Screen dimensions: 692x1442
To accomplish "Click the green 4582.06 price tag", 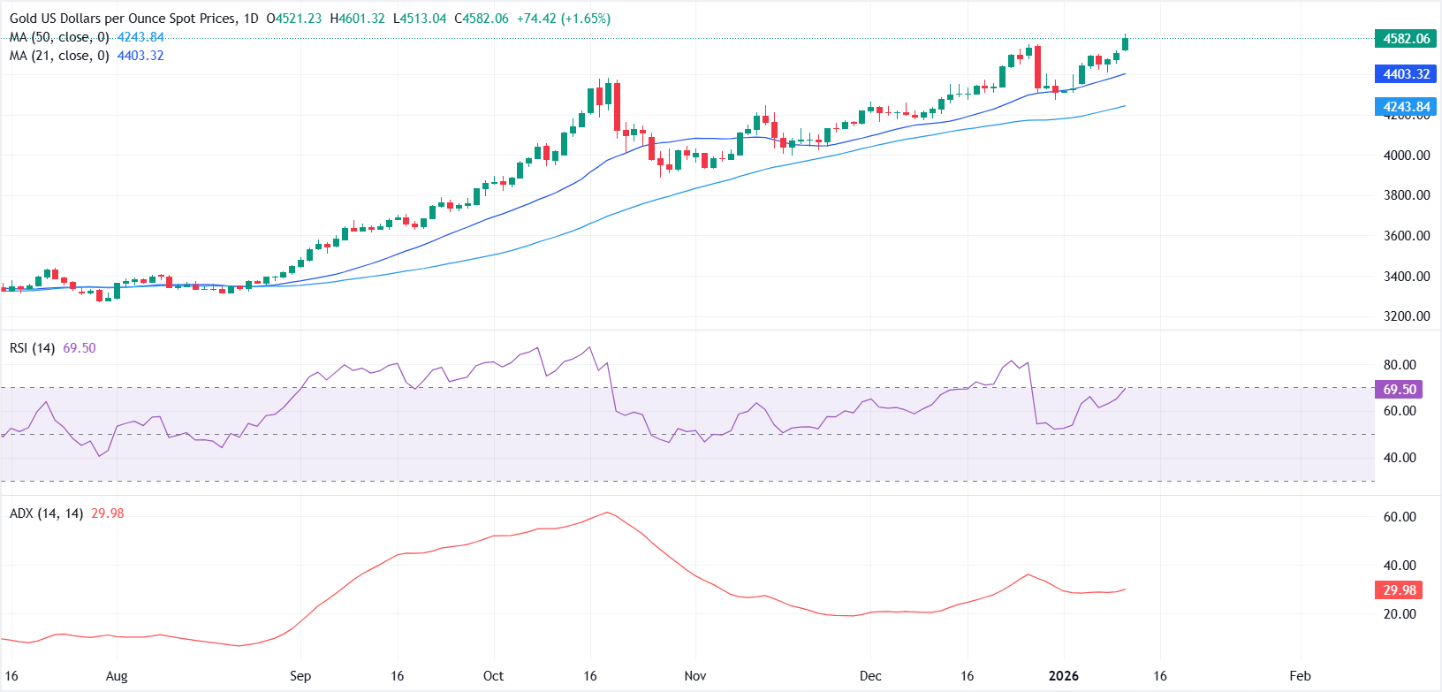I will pyautogui.click(x=1406, y=39).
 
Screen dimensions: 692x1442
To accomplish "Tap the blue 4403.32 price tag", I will pyautogui.click(x=1406, y=74).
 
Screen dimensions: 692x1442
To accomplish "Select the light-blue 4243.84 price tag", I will pyautogui.click(x=1406, y=107).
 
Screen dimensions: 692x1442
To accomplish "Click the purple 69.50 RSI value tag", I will pyautogui.click(x=1400, y=390).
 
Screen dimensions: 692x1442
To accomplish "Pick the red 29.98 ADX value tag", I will pyautogui.click(x=1400, y=590).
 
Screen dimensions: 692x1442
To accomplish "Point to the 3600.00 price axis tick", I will pyautogui.click(x=1407, y=236).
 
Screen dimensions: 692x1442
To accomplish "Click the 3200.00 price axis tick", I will pyautogui.click(x=1407, y=316).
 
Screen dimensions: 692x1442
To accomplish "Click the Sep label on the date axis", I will pyautogui.click(x=300, y=676).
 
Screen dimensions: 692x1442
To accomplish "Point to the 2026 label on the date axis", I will pyautogui.click(x=1063, y=676).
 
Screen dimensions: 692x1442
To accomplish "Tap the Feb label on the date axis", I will pyautogui.click(x=1300, y=676).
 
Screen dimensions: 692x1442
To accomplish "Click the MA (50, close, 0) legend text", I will pyautogui.click(x=59, y=37).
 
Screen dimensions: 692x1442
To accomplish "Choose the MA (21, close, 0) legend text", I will pyautogui.click(x=59, y=56).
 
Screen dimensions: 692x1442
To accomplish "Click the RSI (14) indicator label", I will pyautogui.click(x=32, y=348).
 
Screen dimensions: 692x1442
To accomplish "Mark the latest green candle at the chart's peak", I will pyautogui.click(x=1125, y=43).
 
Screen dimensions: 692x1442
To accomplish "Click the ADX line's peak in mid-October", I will pyautogui.click(x=607, y=513).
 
